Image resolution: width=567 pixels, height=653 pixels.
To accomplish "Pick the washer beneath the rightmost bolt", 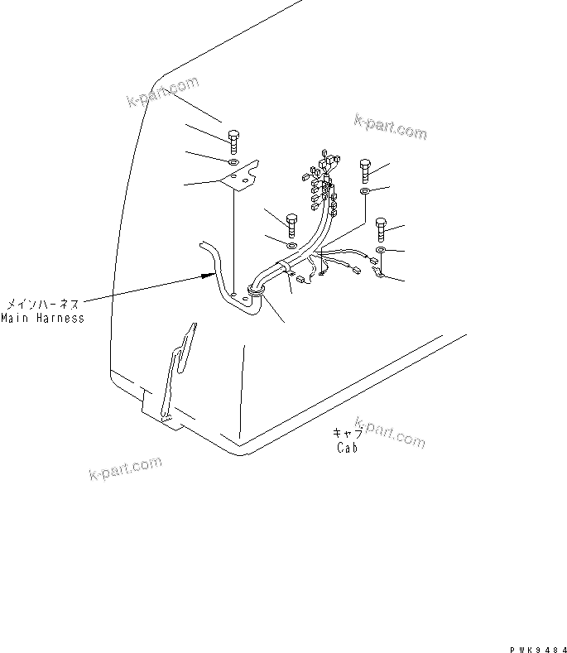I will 380,250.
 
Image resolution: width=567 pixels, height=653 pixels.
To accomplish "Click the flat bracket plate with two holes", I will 241,176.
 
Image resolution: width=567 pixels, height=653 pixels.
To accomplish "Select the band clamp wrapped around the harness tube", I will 286,266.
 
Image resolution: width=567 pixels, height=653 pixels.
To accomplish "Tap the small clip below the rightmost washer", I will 377,270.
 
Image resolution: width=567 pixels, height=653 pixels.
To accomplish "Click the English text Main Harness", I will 42,318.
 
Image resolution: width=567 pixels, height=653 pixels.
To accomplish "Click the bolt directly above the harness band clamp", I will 291,224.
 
